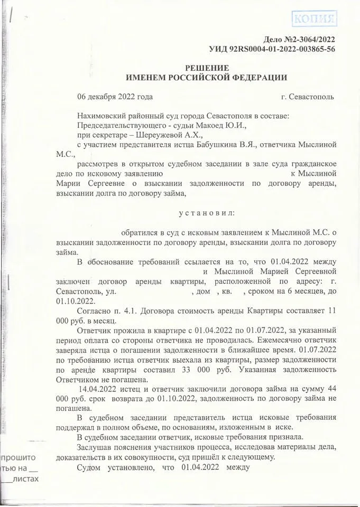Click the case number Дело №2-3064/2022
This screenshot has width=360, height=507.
[x=299, y=40]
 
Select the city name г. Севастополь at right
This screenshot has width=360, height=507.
[x=308, y=97]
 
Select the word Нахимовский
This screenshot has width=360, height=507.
[x=101, y=116]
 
